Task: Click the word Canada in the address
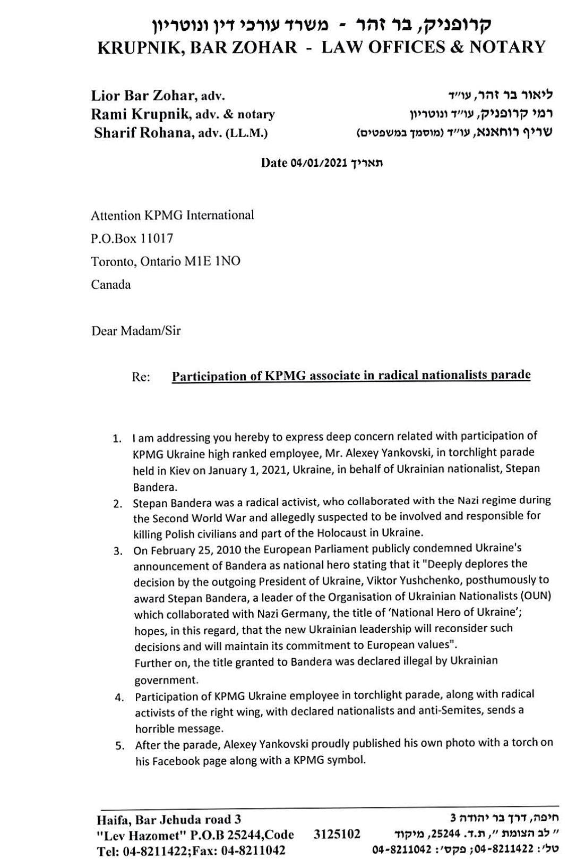coord(111,284)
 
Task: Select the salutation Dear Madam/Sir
coord(136,331)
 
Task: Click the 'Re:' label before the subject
coord(141,377)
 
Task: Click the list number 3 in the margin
coord(118,551)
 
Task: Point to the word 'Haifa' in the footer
coord(111,819)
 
